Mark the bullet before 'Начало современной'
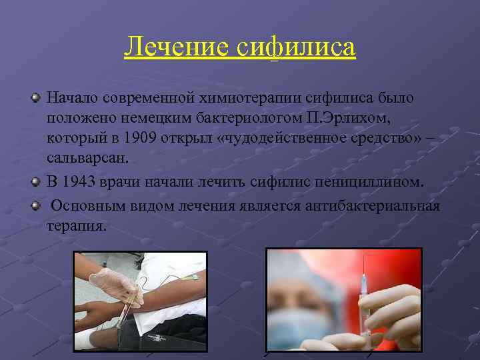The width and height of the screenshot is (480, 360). point(36,99)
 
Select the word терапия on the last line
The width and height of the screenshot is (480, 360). point(76,225)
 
